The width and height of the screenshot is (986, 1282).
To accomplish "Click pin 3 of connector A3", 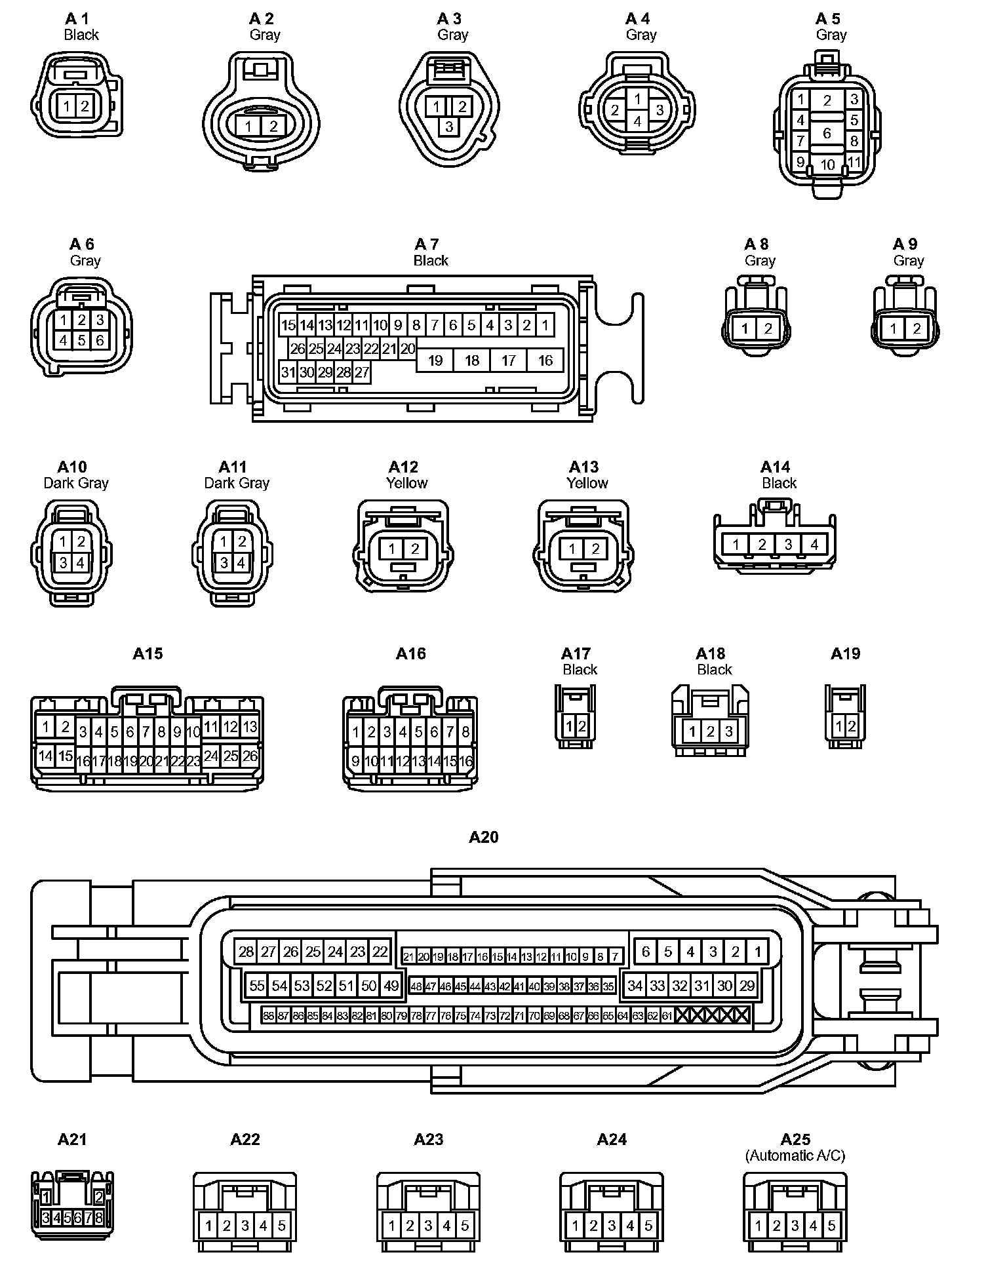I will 449,126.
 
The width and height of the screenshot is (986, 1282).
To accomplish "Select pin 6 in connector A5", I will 827,133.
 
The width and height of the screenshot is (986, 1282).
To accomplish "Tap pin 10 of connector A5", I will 827,165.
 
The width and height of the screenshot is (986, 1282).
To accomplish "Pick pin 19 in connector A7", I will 435,360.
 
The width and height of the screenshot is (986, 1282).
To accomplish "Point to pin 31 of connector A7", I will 288,373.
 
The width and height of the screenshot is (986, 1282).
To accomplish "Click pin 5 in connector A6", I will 81,340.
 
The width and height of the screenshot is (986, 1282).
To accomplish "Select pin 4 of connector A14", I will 814,545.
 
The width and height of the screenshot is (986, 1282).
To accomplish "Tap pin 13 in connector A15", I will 250,726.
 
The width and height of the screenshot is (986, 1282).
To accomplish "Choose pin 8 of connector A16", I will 465,732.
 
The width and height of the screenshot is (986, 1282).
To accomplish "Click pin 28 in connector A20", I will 246,952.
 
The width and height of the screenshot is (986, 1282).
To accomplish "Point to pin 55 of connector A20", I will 257,986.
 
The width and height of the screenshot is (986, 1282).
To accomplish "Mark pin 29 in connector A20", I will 747,986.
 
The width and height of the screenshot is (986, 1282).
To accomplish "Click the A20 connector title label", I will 484,837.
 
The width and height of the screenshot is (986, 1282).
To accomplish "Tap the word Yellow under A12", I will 406,483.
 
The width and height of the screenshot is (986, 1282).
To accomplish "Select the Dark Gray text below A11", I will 237,483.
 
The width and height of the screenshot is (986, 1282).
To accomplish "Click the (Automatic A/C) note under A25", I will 795,1156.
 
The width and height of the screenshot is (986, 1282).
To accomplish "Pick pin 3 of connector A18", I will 728,731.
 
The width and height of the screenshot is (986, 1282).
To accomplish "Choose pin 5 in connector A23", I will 465,1226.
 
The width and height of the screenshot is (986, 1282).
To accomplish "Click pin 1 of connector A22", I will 208,1226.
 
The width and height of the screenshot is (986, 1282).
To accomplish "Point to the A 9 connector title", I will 905,244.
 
